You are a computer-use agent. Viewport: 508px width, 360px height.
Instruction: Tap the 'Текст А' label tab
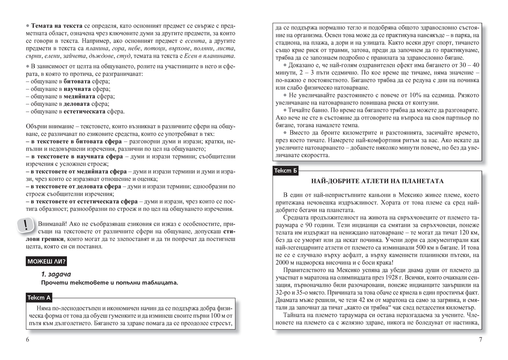coord(39,297)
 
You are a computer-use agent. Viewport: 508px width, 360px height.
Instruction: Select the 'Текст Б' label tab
coord(286,171)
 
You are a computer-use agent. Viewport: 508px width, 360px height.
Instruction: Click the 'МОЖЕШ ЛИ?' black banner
coord(47,261)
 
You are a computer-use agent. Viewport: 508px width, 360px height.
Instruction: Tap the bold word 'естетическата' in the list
coord(85,111)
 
